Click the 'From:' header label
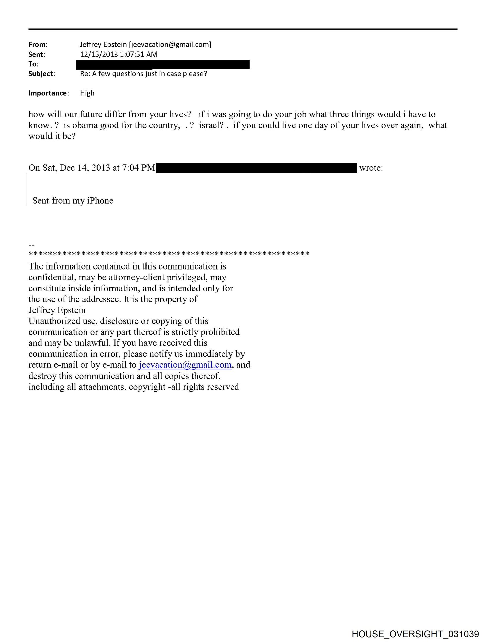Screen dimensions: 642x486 pyautogui.click(x=38, y=44)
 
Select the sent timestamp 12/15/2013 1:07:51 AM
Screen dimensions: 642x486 pyautogui.click(x=118, y=54)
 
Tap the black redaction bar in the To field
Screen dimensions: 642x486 pyautogui.click(x=163, y=64)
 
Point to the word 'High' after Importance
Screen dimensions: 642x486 pyautogui.click(x=87, y=93)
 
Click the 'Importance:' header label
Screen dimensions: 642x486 pyautogui.click(x=48, y=93)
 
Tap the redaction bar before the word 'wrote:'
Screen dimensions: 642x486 pyautogui.click(x=257, y=168)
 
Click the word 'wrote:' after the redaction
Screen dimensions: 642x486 pyautogui.click(x=371, y=168)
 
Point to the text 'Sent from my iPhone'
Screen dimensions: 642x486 pyautogui.click(x=73, y=201)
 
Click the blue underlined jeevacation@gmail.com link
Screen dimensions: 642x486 pyautogui.click(x=185, y=365)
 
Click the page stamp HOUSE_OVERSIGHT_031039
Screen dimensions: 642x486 pyautogui.click(x=415, y=634)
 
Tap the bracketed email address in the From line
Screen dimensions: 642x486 pyautogui.click(x=170, y=44)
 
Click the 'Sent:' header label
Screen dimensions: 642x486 pyautogui.click(x=36, y=54)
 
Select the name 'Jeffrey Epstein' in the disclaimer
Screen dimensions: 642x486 pyautogui.click(x=57, y=310)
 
